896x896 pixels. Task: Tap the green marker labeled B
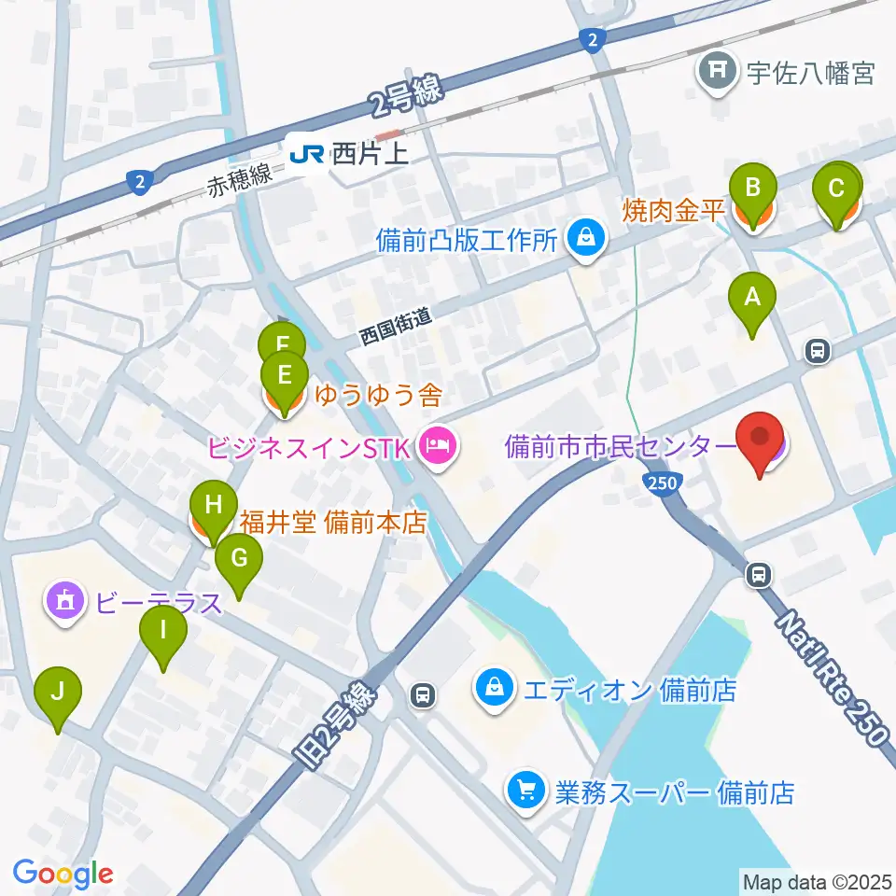[x=751, y=190]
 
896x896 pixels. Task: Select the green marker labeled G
[x=239, y=561]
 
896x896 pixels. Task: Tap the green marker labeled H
[x=213, y=509]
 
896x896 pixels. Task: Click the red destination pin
[x=761, y=439]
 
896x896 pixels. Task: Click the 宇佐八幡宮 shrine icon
[x=716, y=72]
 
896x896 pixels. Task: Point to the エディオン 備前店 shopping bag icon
[x=492, y=690]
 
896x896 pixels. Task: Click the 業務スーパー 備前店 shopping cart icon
[x=524, y=792]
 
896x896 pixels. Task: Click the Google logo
[x=63, y=874]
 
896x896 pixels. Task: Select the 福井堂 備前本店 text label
[x=333, y=522]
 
